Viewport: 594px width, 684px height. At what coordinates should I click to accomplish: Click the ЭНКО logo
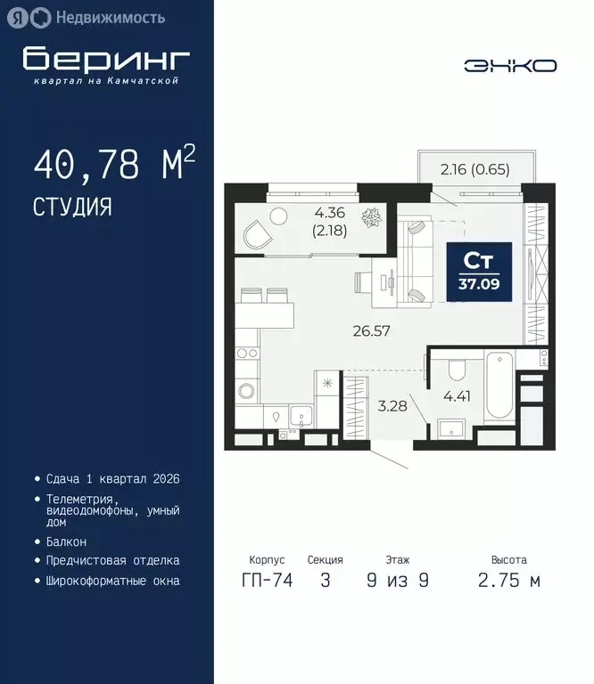509,65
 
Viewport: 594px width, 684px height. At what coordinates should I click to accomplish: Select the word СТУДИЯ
73,207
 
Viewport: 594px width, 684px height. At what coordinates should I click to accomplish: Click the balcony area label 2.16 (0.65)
475,169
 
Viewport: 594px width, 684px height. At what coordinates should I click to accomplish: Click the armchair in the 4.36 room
258,235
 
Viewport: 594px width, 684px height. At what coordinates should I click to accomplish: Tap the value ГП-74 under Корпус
267,581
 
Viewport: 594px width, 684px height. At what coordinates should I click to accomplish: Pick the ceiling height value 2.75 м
508,581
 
